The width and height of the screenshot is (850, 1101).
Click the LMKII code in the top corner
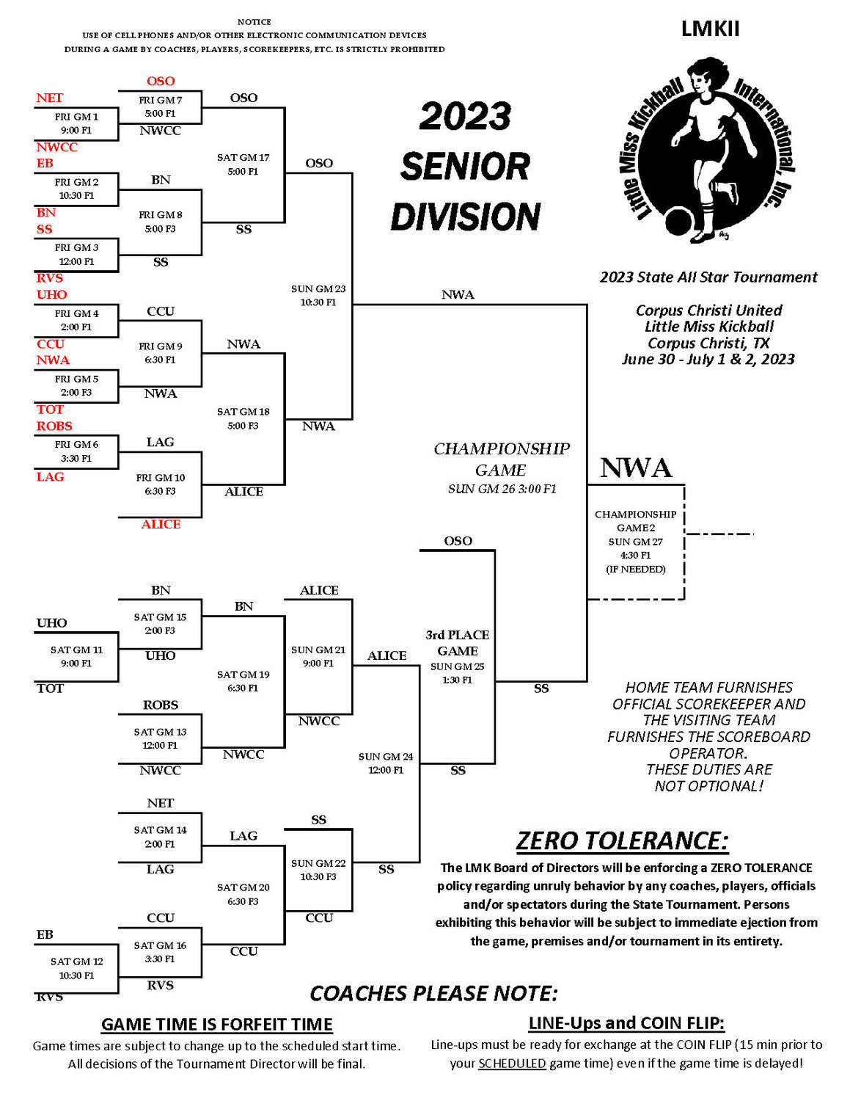[x=710, y=29]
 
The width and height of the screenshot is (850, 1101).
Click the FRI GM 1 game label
[x=76, y=117]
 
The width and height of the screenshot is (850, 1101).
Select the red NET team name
[x=50, y=98]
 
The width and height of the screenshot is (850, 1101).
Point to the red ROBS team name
[x=54, y=426]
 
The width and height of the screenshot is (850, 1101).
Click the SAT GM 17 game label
[x=243, y=158]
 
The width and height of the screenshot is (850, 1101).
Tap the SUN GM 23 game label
[x=318, y=288]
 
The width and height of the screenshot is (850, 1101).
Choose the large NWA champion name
[x=636, y=468]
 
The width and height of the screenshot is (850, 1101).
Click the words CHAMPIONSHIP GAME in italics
[x=501, y=459]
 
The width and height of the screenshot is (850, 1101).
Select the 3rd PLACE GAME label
[x=457, y=642]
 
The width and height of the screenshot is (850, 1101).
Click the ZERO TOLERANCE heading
[x=622, y=840]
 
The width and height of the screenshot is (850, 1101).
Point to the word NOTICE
[x=254, y=22]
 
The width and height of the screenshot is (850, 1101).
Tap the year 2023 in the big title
[x=465, y=116]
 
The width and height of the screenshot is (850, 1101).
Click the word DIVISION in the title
[x=465, y=217]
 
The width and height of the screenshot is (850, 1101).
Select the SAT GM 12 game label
[x=76, y=962]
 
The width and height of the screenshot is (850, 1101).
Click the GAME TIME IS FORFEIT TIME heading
[x=216, y=1024]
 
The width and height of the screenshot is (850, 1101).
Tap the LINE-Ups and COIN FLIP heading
[x=626, y=1023]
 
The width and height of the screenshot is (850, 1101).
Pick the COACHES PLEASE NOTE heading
[x=433, y=993]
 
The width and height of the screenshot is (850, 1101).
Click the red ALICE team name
[x=161, y=524]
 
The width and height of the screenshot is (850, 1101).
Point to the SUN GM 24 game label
[x=386, y=757]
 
